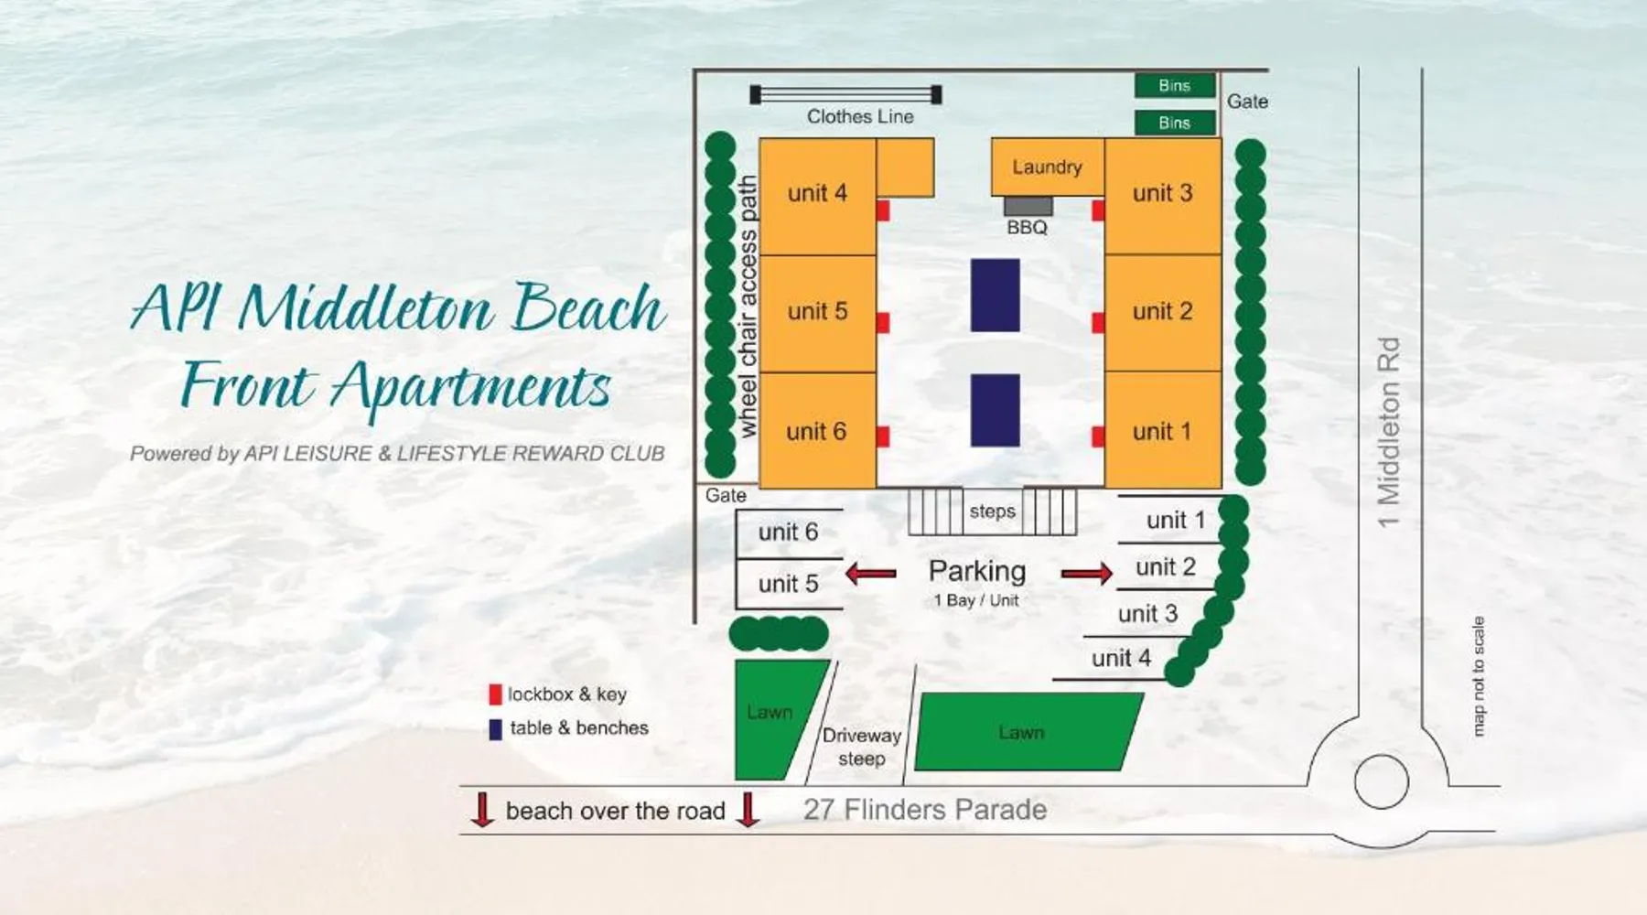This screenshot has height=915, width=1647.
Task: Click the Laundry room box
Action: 1048,167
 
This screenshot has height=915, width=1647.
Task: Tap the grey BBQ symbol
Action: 1028,206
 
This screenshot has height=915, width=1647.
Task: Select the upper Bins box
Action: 1175,85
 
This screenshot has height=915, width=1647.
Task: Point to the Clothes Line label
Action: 860,116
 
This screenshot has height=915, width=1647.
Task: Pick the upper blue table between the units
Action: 996,295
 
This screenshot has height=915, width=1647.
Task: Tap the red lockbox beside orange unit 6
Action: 883,436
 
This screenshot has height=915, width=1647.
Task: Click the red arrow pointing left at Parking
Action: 870,574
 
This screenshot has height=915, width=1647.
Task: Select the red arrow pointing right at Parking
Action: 1087,574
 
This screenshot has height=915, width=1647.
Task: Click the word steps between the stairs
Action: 993,511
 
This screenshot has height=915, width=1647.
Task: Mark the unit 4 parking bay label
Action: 1121,658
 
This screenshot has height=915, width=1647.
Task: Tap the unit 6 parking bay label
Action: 788,532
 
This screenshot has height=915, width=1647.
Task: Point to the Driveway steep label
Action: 862,747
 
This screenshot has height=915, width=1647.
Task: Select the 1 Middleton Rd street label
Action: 1389,432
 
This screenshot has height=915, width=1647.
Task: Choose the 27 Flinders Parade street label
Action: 925,810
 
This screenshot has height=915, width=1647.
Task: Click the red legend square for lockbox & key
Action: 495,694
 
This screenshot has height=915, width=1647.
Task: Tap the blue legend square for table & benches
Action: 495,729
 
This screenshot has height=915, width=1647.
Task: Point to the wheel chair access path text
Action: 748,307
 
